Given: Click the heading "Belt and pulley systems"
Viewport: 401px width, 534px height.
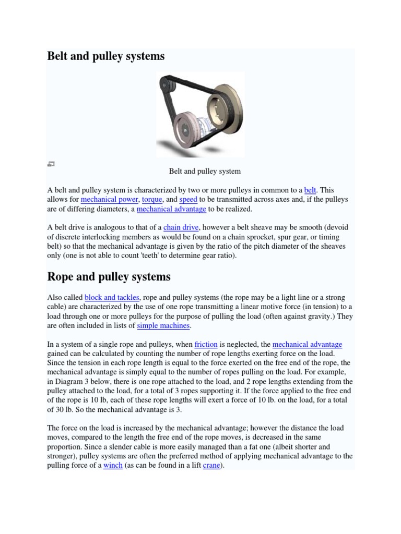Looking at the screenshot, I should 106,56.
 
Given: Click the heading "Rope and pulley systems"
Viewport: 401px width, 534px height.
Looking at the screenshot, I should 109,276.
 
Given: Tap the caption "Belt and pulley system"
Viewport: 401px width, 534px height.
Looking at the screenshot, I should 205,171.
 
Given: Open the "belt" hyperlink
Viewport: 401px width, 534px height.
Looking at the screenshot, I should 310,190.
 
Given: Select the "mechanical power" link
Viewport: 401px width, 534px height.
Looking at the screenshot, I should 110,200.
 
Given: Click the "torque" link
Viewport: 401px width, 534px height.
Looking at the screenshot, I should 152,200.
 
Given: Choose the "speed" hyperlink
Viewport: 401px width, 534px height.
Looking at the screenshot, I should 188,200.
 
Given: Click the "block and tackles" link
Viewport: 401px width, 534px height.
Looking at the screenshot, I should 112,297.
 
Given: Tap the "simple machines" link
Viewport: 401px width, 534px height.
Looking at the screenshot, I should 163,325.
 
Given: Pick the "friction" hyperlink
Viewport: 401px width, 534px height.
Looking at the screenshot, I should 206,344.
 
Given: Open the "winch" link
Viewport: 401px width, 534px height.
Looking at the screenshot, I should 113,465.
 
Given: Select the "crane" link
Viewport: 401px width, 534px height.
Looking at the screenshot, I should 211,465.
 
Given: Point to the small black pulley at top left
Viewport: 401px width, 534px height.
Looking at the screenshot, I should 166,83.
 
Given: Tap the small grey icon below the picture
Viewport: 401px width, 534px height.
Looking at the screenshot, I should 51,164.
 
